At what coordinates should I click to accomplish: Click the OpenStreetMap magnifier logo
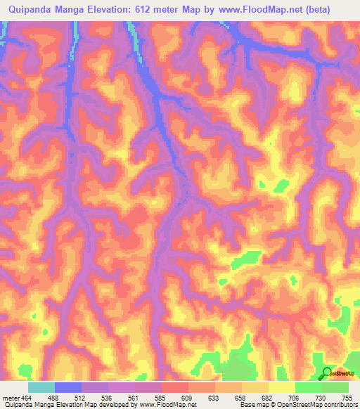[x=328, y=374]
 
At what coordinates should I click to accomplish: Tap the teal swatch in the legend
[x=41, y=387]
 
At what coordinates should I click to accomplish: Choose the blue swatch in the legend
[x=68, y=387]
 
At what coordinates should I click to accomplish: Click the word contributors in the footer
[x=341, y=405]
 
